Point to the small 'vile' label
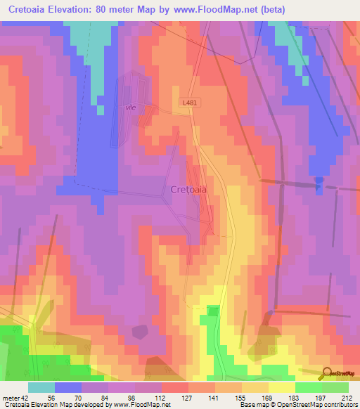[x=129, y=108]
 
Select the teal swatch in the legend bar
[x=41, y=387]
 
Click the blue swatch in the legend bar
[x=68, y=387]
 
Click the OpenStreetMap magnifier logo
[x=326, y=374]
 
